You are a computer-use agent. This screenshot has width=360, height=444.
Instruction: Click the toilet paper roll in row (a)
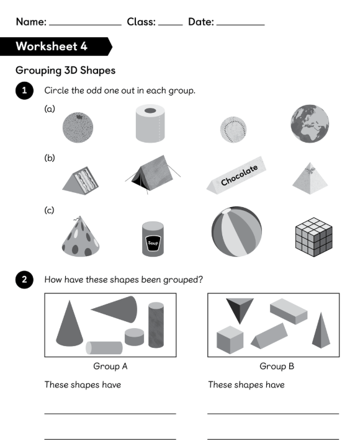pyautogui.click(x=150, y=123)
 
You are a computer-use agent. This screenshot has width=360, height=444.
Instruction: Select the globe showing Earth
pyautogui.click(x=310, y=124)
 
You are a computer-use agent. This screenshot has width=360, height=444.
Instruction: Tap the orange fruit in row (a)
pyautogui.click(x=78, y=127)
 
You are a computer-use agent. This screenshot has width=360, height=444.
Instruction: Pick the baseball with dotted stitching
pyautogui.click(x=233, y=130)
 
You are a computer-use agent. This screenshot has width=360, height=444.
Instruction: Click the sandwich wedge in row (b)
pyautogui.click(x=81, y=181)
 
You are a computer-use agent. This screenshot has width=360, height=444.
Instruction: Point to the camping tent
pyautogui.click(x=153, y=174)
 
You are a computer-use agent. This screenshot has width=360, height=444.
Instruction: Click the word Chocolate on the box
pyautogui.click(x=239, y=175)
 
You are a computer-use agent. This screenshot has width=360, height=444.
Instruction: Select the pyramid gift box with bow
pyautogui.click(x=310, y=179)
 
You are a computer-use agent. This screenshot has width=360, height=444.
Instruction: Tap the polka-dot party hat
pyautogui.click(x=81, y=237)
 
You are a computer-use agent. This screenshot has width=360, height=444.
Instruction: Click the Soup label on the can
pyautogui.click(x=153, y=243)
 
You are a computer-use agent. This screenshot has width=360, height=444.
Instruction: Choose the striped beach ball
pyautogui.click(x=236, y=232)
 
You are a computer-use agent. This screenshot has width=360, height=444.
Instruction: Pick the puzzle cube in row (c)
pyautogui.click(x=314, y=237)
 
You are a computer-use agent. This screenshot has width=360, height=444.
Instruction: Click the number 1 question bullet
pyautogui.click(x=24, y=91)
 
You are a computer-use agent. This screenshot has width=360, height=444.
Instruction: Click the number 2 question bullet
pyautogui.click(x=24, y=280)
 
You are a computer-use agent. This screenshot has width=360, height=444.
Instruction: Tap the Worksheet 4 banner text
pyautogui.click(x=52, y=46)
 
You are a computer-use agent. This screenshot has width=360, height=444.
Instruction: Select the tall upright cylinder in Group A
pyautogui.click(x=156, y=325)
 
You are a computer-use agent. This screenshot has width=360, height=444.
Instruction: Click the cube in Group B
pyautogui.click(x=230, y=340)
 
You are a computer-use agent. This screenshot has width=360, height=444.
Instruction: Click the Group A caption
pyautogui.click(x=110, y=366)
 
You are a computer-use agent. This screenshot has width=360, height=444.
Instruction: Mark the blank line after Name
pyautogui.click(x=85, y=25)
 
